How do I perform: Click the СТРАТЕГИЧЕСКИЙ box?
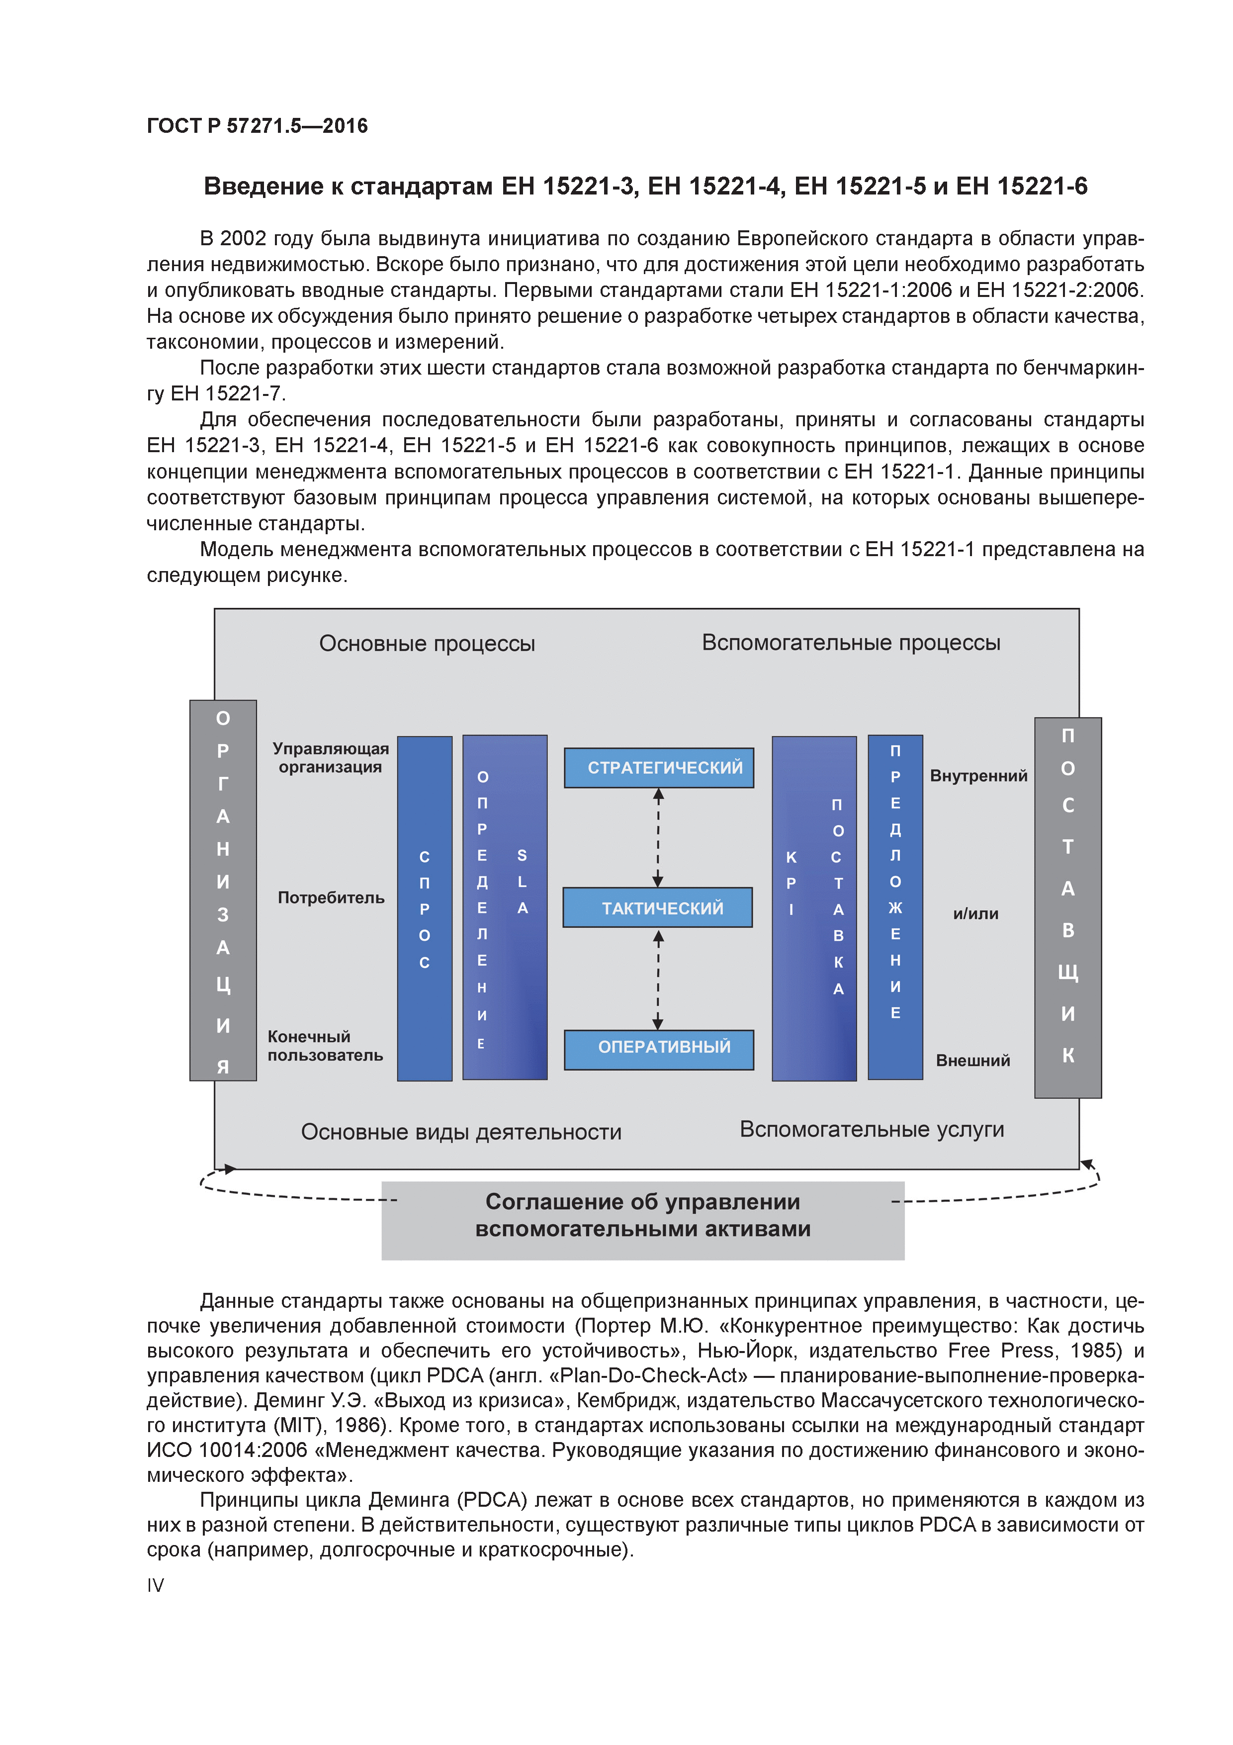point(659,768)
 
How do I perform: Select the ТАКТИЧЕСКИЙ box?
point(658,907)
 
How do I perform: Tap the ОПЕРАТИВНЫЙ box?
point(659,1050)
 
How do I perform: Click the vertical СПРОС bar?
point(425,908)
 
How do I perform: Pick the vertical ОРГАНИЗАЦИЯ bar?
point(223,890)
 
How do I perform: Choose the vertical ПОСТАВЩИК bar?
point(1067,907)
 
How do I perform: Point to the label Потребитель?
point(331,897)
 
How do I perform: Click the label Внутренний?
point(978,776)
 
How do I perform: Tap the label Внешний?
point(972,1060)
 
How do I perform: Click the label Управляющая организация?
point(331,758)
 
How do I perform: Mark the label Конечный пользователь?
point(325,1046)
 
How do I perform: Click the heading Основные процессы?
point(427,644)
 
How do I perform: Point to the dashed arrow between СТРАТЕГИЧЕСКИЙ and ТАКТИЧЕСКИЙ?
point(658,837)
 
